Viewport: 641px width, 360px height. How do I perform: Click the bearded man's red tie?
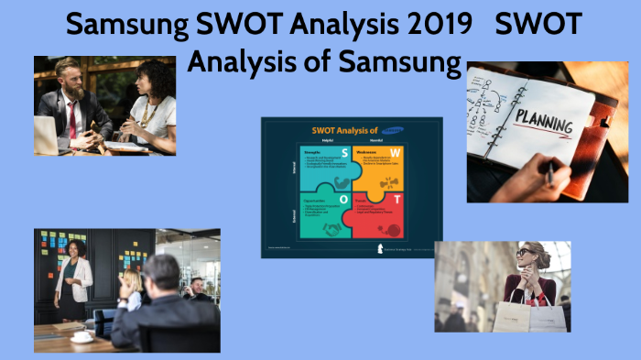72,119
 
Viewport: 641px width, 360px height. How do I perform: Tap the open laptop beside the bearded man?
47,135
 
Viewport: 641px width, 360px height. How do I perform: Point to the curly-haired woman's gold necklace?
145,111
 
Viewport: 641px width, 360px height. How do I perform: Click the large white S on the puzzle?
344,152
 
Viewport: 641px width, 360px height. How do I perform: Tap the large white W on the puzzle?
394,152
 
